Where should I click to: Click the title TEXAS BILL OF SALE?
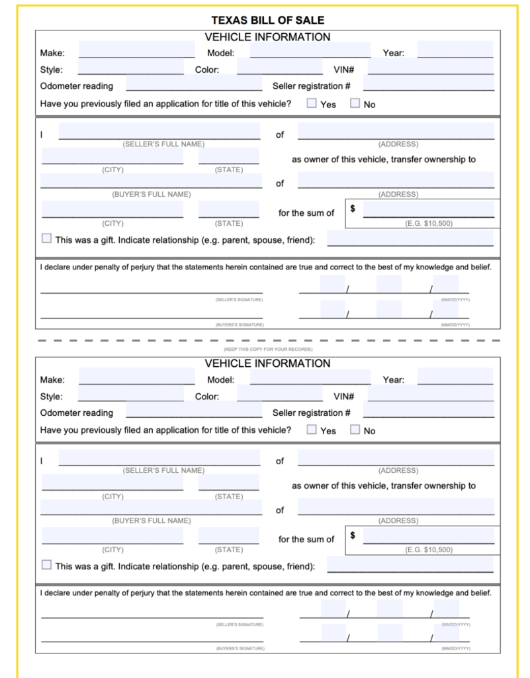267,21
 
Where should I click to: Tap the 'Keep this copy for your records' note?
268,349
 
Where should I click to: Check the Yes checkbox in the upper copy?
312,103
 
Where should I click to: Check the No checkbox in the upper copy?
355,103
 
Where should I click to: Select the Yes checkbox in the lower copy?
312,430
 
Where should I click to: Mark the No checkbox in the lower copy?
355,430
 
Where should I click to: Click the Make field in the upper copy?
136,50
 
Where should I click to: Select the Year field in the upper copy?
455,50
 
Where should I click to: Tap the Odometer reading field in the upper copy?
194,83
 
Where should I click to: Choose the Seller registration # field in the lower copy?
429,410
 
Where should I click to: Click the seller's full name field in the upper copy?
159,131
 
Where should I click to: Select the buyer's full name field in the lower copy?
152,507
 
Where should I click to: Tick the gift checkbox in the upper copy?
46,238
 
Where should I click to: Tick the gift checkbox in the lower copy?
46,565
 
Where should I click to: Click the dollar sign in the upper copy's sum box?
353,209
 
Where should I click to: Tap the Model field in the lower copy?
310,377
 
